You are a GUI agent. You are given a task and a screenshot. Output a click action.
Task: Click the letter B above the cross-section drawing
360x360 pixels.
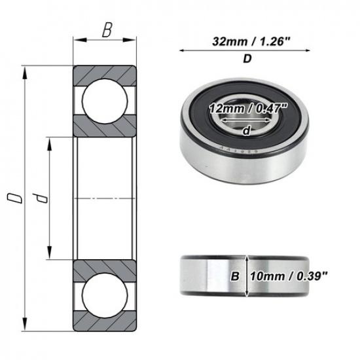click(x=106, y=31)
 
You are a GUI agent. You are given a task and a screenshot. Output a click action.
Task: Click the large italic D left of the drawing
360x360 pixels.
click(x=10, y=198)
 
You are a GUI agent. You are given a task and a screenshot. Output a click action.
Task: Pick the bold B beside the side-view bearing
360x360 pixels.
click(x=234, y=276)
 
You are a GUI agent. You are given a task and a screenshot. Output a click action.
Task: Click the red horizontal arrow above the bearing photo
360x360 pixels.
click(x=247, y=50)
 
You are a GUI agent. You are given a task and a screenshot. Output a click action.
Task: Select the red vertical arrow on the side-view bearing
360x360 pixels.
click(x=245, y=276)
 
